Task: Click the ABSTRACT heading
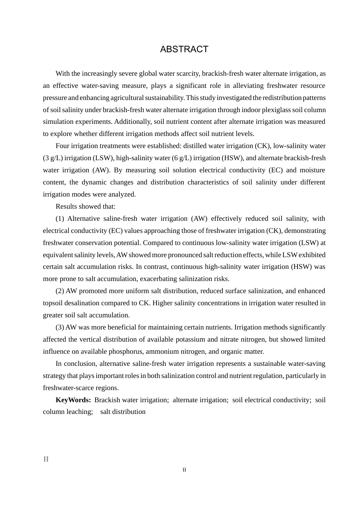(184, 49)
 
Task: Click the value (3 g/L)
(53, 158)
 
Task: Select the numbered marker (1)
(60, 219)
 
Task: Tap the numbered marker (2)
(60, 291)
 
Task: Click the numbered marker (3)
(60, 327)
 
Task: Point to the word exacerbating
(158, 279)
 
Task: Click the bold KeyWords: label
(73, 400)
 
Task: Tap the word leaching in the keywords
(78, 412)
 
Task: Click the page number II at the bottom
(184, 470)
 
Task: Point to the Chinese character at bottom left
(46, 459)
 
